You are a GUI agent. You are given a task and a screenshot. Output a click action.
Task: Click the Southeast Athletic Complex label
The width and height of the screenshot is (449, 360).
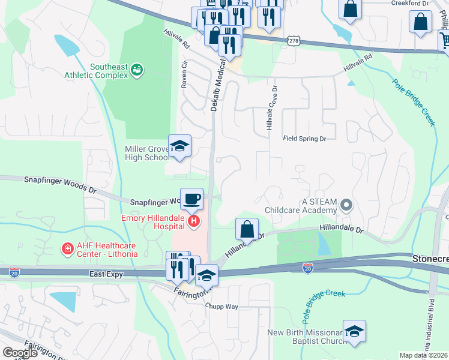(96, 71)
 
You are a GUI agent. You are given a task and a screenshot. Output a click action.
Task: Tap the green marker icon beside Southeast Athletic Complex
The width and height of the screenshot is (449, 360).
(137, 71)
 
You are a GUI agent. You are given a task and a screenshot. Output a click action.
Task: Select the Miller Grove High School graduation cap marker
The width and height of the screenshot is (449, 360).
(179, 146)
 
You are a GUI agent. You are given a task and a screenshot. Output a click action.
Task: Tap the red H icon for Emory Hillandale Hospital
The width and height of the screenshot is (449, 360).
(193, 222)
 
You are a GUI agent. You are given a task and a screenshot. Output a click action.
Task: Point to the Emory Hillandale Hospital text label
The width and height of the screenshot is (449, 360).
(154, 222)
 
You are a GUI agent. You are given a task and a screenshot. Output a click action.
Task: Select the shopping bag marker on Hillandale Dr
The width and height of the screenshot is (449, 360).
(247, 229)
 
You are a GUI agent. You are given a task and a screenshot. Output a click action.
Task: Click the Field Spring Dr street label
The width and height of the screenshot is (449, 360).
(304, 139)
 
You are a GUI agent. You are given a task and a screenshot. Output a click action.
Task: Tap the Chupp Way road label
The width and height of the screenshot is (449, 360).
(223, 307)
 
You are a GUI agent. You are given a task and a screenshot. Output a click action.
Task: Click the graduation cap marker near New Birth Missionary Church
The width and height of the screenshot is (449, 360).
(354, 331)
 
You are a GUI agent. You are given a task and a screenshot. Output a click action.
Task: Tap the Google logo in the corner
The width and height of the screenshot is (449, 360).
(20, 353)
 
